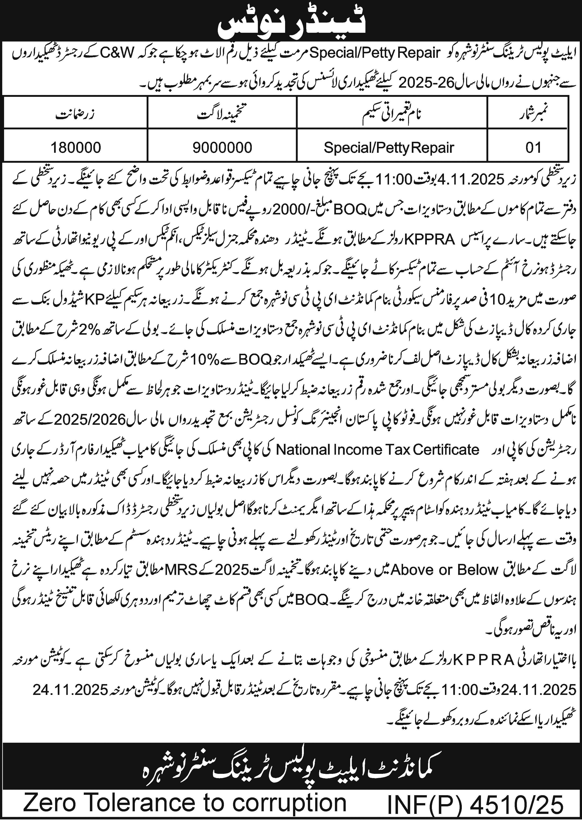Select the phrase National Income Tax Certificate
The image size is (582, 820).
click(378, 449)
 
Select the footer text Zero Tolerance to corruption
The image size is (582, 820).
click(185, 803)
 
